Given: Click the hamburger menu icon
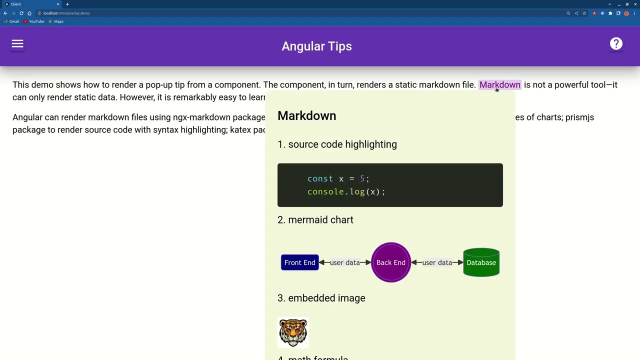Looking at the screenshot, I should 17,44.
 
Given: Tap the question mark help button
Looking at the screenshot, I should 616,44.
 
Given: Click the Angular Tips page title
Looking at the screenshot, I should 316,46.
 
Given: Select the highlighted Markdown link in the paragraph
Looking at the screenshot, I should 499,85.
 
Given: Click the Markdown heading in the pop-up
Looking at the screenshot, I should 306,116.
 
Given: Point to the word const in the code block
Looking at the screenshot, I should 319,179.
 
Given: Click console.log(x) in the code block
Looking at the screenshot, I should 346,192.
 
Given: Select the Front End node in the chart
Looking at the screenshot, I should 299,262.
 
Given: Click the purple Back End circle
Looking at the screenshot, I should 391,262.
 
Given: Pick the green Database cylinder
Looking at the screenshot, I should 481,262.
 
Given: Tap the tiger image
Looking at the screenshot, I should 293,332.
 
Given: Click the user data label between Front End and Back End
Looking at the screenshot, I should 344,262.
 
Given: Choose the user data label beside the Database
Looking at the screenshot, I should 437,262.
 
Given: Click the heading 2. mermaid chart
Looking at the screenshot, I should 315,220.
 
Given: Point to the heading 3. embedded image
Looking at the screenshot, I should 321,298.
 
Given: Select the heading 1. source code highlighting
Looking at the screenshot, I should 337,144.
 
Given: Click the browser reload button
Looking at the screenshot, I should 21,13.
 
